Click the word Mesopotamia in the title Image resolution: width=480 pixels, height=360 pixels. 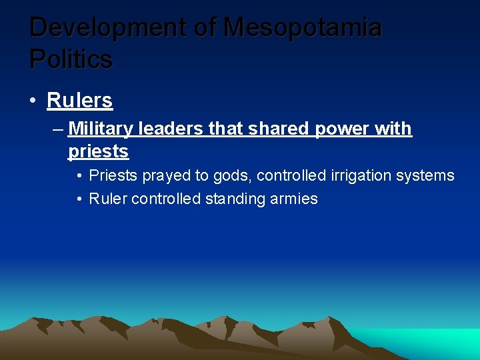point(303,28)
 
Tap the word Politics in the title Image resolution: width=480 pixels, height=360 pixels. point(71,59)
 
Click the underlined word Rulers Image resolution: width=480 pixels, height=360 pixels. point(79,101)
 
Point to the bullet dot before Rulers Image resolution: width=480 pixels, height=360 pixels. point(33,101)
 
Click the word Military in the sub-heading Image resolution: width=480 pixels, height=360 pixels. point(99,128)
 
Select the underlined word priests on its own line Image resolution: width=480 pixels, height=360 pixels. point(98,151)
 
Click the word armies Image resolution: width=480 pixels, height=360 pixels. point(293,199)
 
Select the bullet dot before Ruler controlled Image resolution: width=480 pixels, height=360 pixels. point(79,199)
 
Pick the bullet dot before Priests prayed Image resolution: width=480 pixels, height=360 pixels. point(79,176)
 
